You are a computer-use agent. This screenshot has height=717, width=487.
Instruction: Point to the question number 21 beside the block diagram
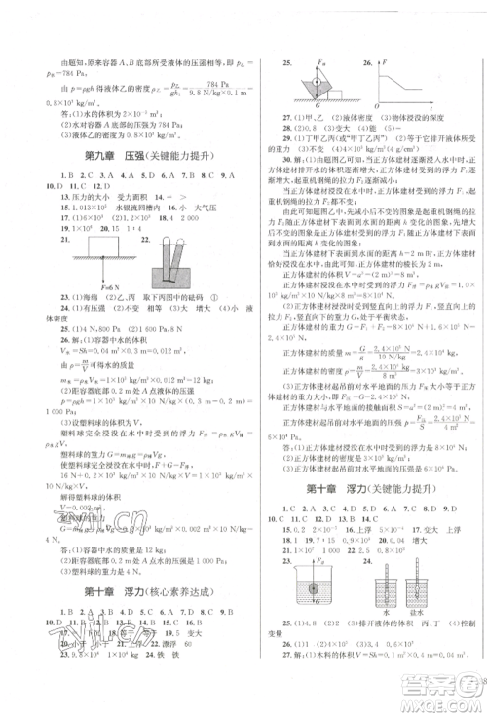(63, 240)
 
